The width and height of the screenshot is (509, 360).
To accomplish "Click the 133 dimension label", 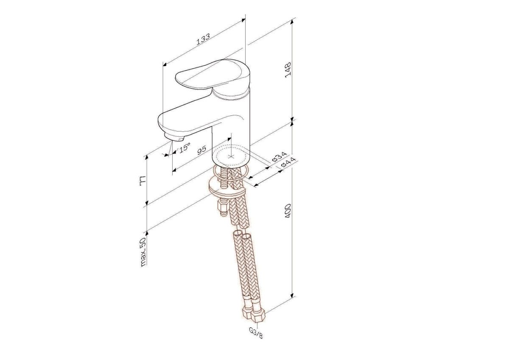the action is (203, 39).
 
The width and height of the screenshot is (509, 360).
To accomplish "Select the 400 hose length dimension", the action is (288, 211).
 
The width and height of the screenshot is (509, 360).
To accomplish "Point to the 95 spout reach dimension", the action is (201, 150).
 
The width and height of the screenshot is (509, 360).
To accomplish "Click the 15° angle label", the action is (184, 148).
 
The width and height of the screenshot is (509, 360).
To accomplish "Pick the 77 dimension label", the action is (143, 181).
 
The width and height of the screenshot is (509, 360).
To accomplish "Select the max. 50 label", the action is (143, 251).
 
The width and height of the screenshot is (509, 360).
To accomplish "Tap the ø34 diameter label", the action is (279, 157).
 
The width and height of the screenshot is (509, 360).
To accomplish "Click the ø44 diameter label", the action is (288, 163).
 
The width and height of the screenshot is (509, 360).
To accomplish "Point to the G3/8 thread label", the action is (256, 333).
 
